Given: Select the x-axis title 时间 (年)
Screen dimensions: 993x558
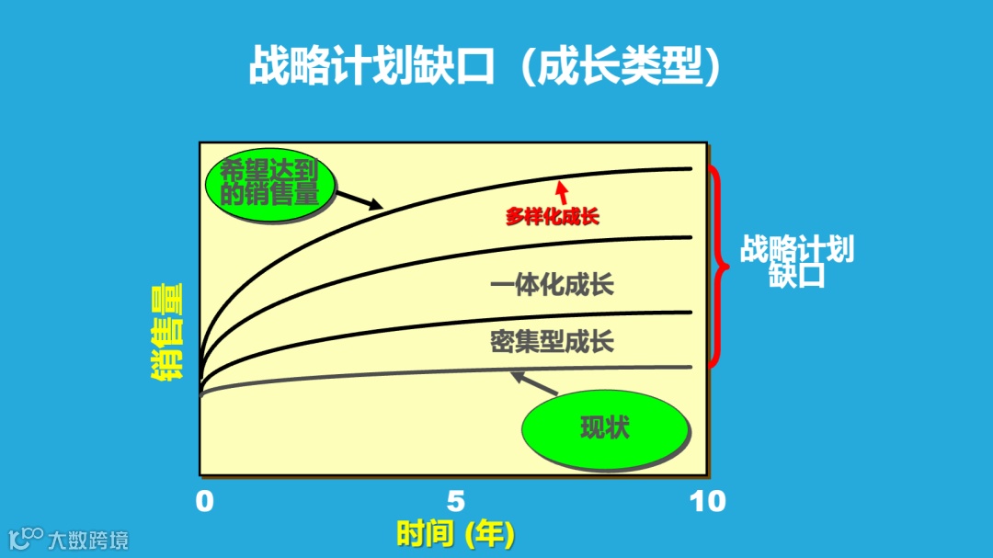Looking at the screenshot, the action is pos(455,533).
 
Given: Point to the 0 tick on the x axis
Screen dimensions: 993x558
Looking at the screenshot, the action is pos(204,501).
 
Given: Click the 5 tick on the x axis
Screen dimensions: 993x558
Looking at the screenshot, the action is pos(455,501).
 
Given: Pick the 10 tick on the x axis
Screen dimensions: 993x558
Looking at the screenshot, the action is pos(707,501).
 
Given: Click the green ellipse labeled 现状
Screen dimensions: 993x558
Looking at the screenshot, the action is pos(605,427).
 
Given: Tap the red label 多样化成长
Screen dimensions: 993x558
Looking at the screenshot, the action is pos(553,218).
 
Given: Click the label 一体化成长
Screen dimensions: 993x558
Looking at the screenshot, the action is pos(552,284).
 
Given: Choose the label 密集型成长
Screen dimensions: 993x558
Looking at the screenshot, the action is pos(552,342).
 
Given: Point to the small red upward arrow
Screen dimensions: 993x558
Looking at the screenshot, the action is pos(562,190).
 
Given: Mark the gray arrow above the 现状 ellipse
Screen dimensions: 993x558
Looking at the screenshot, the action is pos(531,380).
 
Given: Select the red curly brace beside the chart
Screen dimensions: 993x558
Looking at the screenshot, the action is pos(719,267).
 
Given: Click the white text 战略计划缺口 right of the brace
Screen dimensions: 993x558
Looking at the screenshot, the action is pos(796,262).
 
